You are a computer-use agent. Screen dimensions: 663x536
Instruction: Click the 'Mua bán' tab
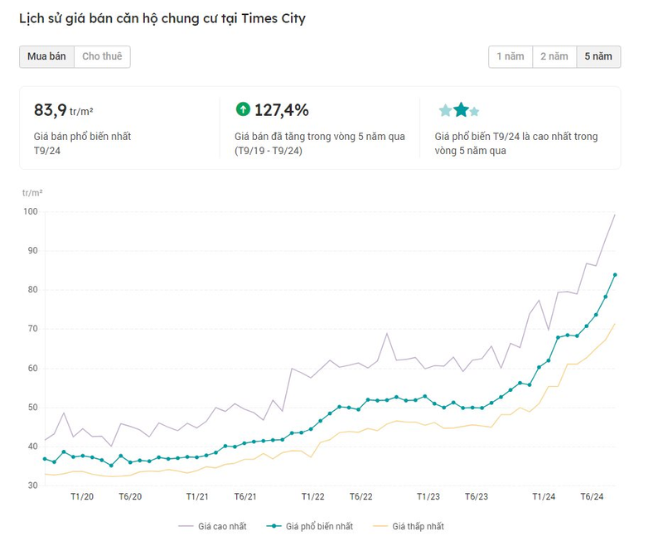pos(46,56)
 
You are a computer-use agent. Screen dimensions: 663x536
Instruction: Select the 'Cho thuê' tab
pos(102,56)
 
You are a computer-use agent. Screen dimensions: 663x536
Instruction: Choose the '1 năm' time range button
pos(511,56)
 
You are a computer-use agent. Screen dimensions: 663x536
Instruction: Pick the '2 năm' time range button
pos(554,56)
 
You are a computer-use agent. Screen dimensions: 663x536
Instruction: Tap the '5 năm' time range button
pos(598,56)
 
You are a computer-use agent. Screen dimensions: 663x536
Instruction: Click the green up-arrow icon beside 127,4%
pos(243,109)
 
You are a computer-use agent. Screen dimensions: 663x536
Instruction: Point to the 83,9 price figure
pos(51,110)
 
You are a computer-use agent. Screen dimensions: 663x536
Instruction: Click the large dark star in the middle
pos(461,109)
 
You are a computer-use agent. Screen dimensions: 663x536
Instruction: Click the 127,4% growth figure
pos(281,110)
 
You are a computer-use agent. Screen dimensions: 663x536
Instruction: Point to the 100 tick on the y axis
pos(31,211)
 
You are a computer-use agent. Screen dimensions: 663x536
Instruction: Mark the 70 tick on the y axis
pos(32,328)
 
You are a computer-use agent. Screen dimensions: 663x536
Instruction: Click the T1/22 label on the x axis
pos(313,497)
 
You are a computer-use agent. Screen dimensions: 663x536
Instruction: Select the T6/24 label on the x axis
pos(592,497)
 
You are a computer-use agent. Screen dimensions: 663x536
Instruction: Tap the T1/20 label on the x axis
pos(82,497)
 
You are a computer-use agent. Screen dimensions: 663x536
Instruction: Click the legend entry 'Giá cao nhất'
pos(213,527)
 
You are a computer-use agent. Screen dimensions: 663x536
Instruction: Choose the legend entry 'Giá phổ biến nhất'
pos(310,527)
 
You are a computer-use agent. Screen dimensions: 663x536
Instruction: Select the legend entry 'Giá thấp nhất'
pos(409,527)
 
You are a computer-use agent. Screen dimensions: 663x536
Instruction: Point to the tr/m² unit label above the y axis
pos(32,193)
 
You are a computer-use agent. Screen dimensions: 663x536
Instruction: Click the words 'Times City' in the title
pos(273,18)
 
